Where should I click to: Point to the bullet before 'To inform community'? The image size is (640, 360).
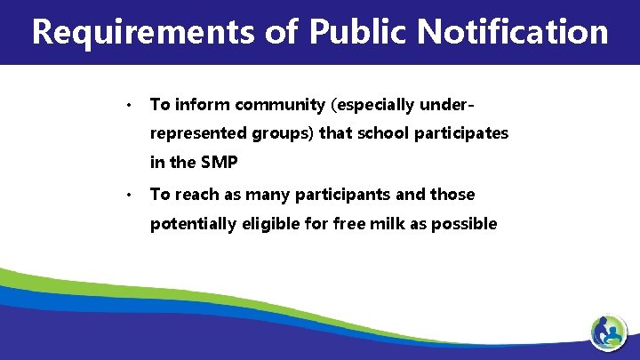[x=129, y=106]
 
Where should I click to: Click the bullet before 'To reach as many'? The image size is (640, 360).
[x=129, y=195]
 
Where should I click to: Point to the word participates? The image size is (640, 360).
[x=459, y=133]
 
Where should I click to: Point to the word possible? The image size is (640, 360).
[x=464, y=223]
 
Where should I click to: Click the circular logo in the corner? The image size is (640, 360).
[x=609, y=333]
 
